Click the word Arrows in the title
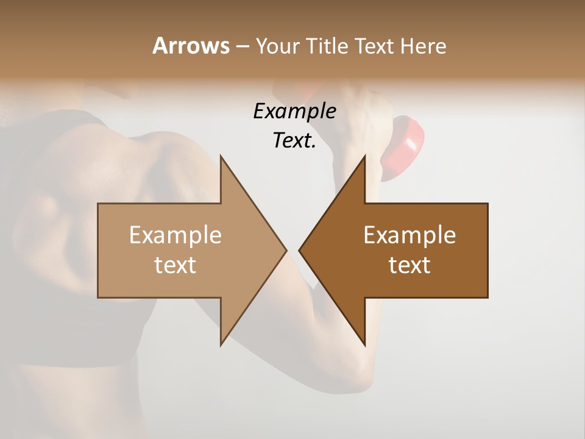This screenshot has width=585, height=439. [x=191, y=46]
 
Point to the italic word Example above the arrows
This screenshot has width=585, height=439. [x=294, y=111]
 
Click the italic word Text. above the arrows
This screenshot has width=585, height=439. [x=294, y=141]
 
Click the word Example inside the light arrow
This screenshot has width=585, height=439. [x=175, y=235]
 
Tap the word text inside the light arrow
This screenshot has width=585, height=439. [x=175, y=265]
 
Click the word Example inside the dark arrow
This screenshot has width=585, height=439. [x=409, y=235]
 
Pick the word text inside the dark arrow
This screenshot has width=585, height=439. [x=409, y=265]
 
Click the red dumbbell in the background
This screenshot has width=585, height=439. [x=403, y=146]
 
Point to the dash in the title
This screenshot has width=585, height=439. [x=242, y=46]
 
